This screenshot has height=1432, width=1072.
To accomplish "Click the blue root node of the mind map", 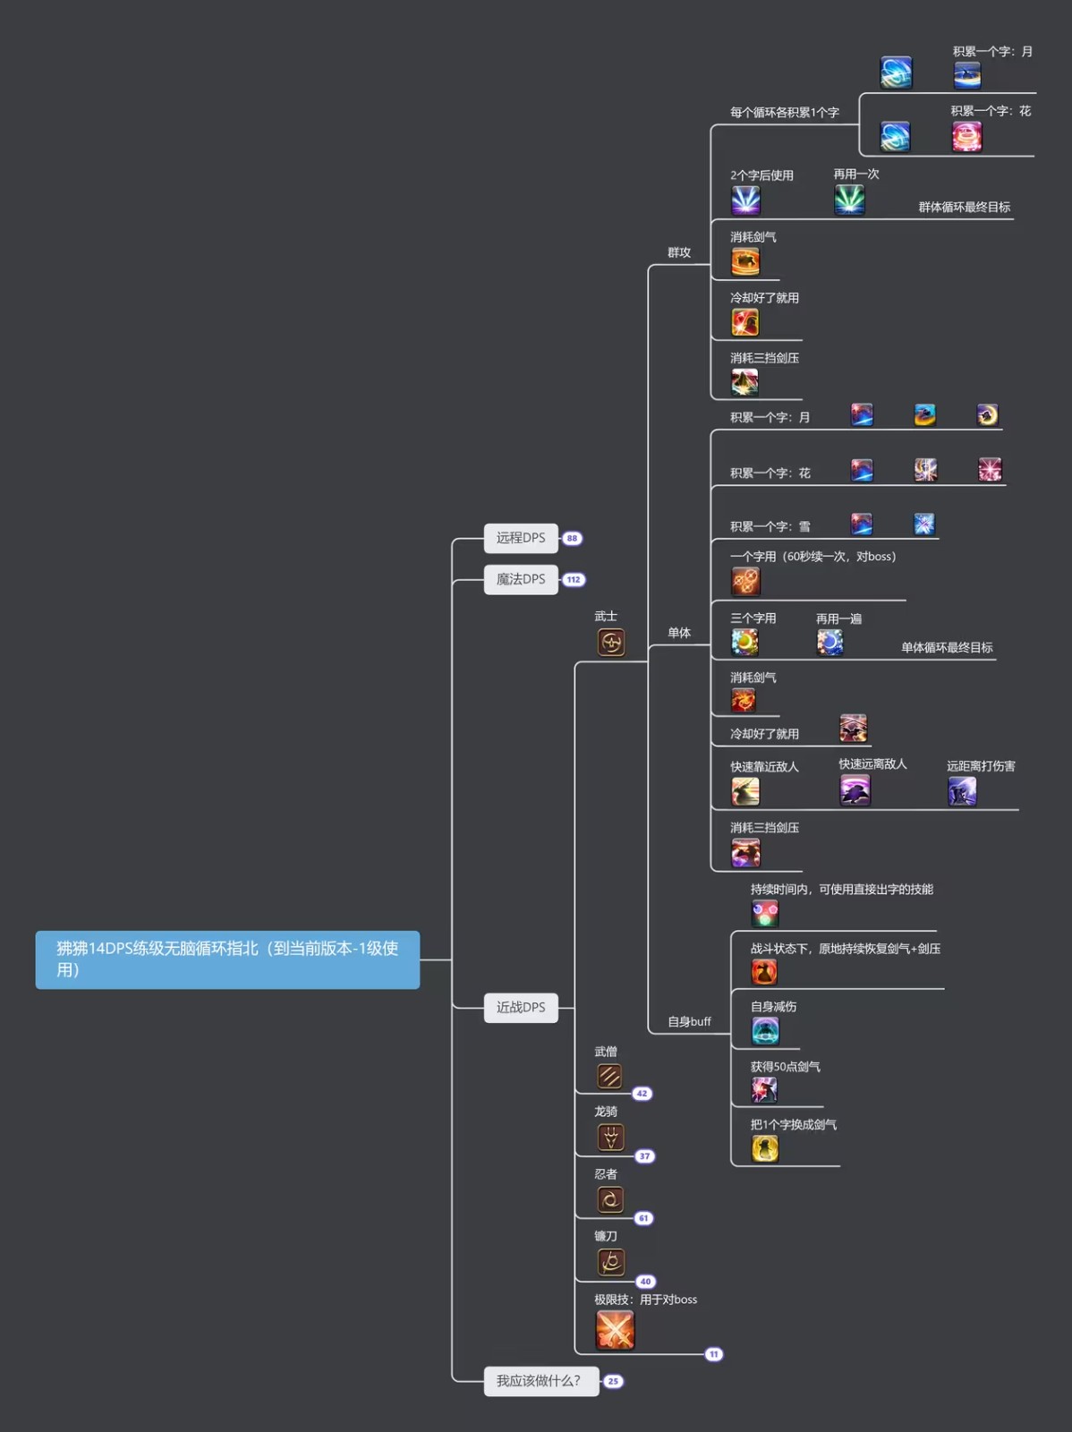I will tap(227, 959).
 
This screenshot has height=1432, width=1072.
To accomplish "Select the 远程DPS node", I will tap(521, 538).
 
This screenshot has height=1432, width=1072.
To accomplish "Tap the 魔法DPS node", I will tap(521, 579).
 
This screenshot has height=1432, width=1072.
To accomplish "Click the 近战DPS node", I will tap(521, 1008).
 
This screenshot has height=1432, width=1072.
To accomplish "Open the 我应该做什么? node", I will tap(540, 1381).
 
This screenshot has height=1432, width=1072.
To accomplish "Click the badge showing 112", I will tap(574, 580).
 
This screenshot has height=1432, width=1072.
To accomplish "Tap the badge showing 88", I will tap(573, 539).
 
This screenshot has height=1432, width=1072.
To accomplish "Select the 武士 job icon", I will tap(611, 642).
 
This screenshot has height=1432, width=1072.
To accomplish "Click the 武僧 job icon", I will tap(609, 1076).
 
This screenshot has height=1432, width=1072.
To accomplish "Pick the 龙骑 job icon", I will tap(610, 1138).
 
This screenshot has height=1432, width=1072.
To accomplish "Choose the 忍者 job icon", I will tap(609, 1199).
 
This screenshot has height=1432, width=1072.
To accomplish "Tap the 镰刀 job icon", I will tap(610, 1262).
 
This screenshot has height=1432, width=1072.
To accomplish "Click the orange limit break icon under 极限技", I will tap(615, 1329).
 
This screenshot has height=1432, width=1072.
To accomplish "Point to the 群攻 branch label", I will tap(679, 252).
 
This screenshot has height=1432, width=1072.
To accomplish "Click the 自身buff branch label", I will tap(689, 1021).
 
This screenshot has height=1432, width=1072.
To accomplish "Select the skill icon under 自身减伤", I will tap(765, 1031).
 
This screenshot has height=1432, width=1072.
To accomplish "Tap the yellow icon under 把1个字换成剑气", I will tap(765, 1148).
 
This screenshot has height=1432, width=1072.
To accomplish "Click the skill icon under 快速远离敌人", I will tap(855, 790).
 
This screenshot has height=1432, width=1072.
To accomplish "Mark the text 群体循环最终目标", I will tap(964, 207).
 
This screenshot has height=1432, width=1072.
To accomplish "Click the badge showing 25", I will tap(613, 1381).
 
